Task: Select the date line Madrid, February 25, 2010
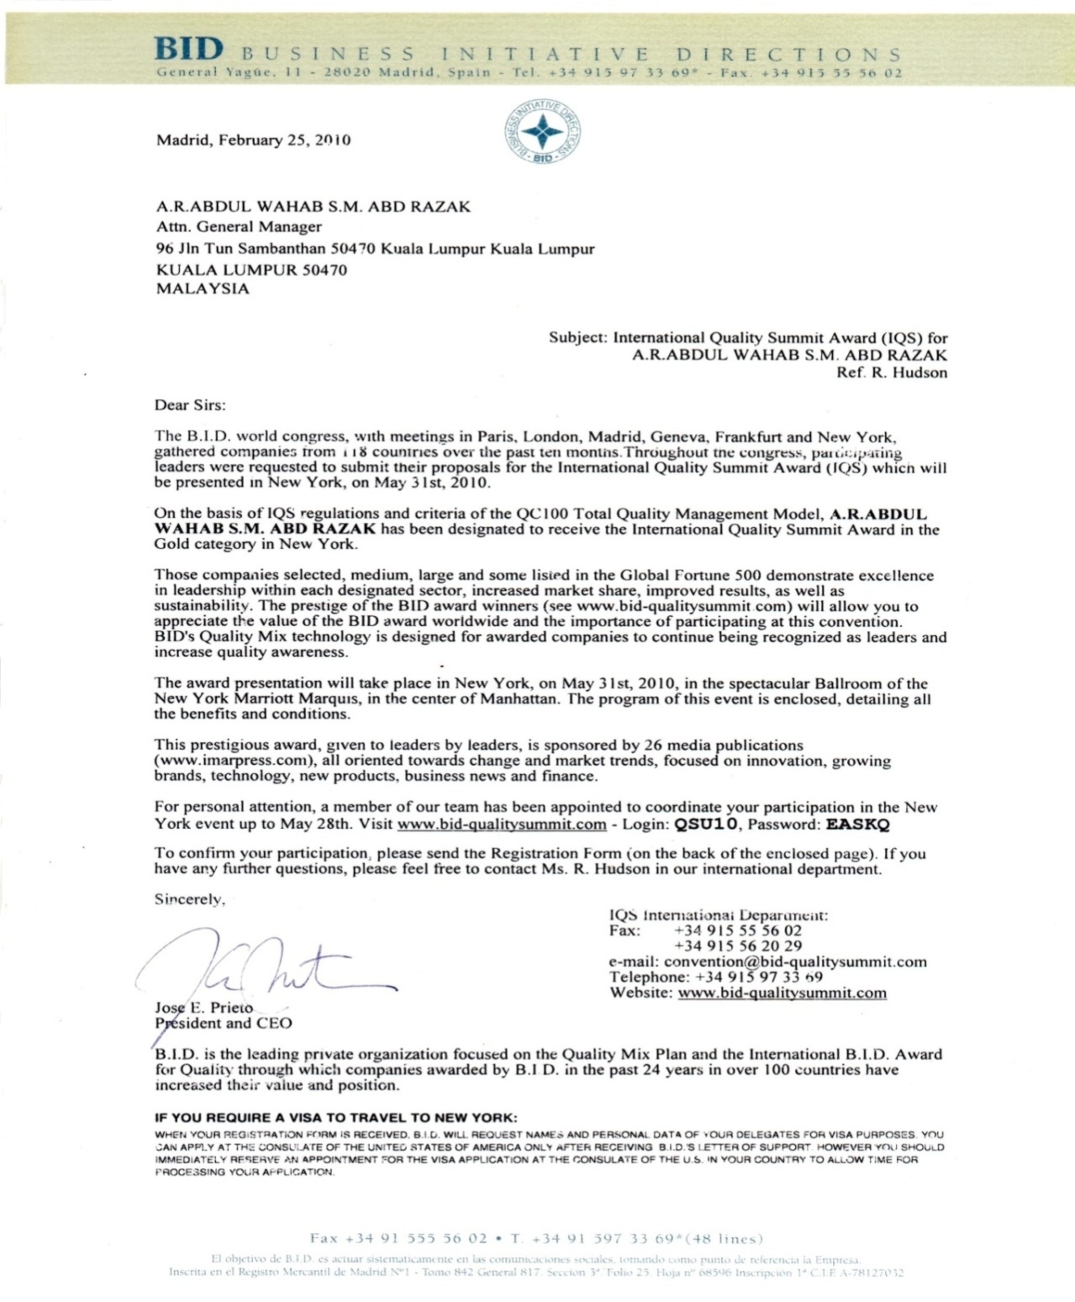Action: [x=253, y=140]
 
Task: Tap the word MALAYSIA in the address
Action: [x=203, y=288]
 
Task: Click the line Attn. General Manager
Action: [x=239, y=226]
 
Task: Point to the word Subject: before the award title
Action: [x=578, y=337]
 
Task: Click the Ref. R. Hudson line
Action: [x=892, y=372]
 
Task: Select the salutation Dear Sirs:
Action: [x=190, y=405]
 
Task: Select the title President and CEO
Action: [x=224, y=1023]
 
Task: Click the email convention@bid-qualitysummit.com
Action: [x=795, y=962]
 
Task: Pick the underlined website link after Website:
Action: [x=782, y=993]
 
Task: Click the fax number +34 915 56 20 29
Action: [x=738, y=946]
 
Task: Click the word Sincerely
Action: [x=190, y=899]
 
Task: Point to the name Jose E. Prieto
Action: [x=204, y=1007]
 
